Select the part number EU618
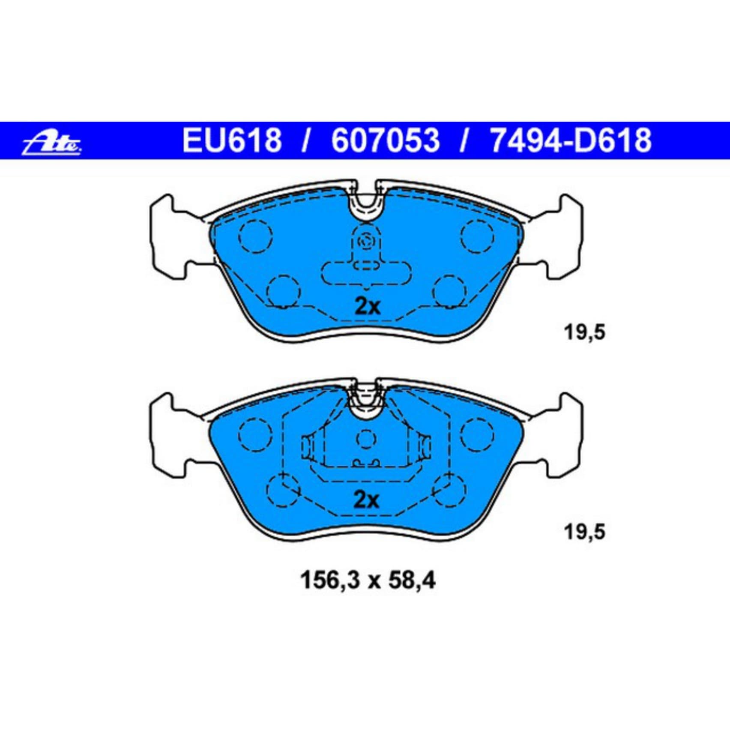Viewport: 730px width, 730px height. point(232,140)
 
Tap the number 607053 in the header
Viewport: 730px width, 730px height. point(385,140)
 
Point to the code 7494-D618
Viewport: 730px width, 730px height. point(571,140)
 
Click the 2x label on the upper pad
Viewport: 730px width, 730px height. point(367,306)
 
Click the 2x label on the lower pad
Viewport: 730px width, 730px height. point(366,500)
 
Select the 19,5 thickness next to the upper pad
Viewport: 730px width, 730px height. point(585,332)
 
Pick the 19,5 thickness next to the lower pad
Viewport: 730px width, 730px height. point(585,532)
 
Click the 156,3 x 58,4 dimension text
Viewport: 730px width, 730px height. point(368,581)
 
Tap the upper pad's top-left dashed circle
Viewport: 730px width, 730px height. point(256,236)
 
